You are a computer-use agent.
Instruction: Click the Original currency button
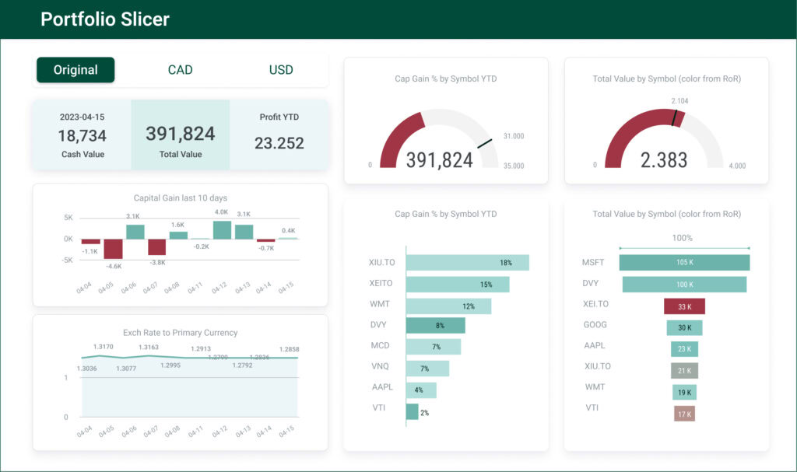point(75,70)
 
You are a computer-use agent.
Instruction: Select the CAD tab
point(180,70)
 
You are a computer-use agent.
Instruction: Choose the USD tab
point(281,70)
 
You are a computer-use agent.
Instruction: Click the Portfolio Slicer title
point(105,19)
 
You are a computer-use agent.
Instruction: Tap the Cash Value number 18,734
point(82,136)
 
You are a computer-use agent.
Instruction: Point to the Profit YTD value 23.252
point(279,143)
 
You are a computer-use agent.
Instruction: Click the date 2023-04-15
point(82,117)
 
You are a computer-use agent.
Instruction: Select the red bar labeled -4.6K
point(113,249)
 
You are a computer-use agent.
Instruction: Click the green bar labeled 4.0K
point(222,230)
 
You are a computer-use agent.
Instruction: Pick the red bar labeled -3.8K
point(156,247)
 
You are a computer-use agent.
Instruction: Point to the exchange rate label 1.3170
point(103,347)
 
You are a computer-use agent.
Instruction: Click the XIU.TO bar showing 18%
point(467,263)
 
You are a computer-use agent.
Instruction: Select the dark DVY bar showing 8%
point(435,325)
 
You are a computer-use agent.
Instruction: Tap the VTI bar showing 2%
point(412,411)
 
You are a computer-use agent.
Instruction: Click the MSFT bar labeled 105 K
point(684,263)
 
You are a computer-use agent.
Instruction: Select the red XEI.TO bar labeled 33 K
point(684,306)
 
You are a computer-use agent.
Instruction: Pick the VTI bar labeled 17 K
point(684,414)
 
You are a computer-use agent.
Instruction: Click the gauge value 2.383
point(663,160)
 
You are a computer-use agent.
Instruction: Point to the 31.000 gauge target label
point(513,136)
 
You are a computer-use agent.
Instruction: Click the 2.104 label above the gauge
point(679,101)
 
